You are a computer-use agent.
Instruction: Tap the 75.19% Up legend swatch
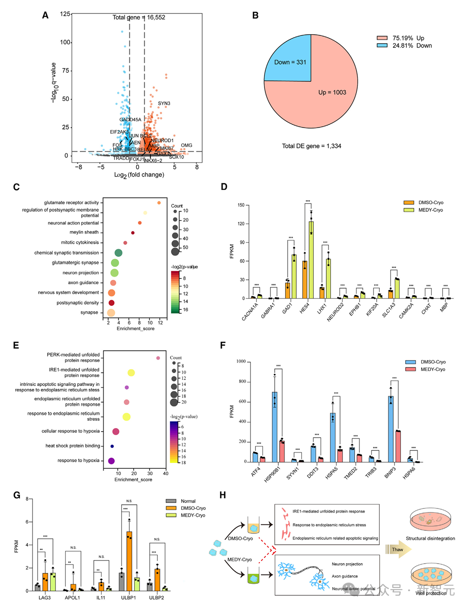(382, 38)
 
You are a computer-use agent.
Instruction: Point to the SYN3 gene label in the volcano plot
(164, 103)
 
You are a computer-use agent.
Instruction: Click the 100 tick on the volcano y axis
(65, 42)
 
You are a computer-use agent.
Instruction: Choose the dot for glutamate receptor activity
(159, 203)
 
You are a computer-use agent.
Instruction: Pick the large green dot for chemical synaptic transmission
(119, 253)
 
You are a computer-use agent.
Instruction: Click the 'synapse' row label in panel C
(89, 313)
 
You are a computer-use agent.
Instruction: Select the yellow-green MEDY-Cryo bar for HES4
(311, 260)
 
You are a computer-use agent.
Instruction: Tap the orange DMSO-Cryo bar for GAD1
(287, 291)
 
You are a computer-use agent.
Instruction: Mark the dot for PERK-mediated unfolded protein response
(158, 358)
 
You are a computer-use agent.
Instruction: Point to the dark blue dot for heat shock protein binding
(112, 446)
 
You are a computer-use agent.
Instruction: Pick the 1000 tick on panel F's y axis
(241, 362)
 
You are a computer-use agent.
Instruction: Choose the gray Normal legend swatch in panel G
(171, 501)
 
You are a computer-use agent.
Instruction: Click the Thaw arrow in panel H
(398, 549)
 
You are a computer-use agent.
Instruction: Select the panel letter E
(16, 345)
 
